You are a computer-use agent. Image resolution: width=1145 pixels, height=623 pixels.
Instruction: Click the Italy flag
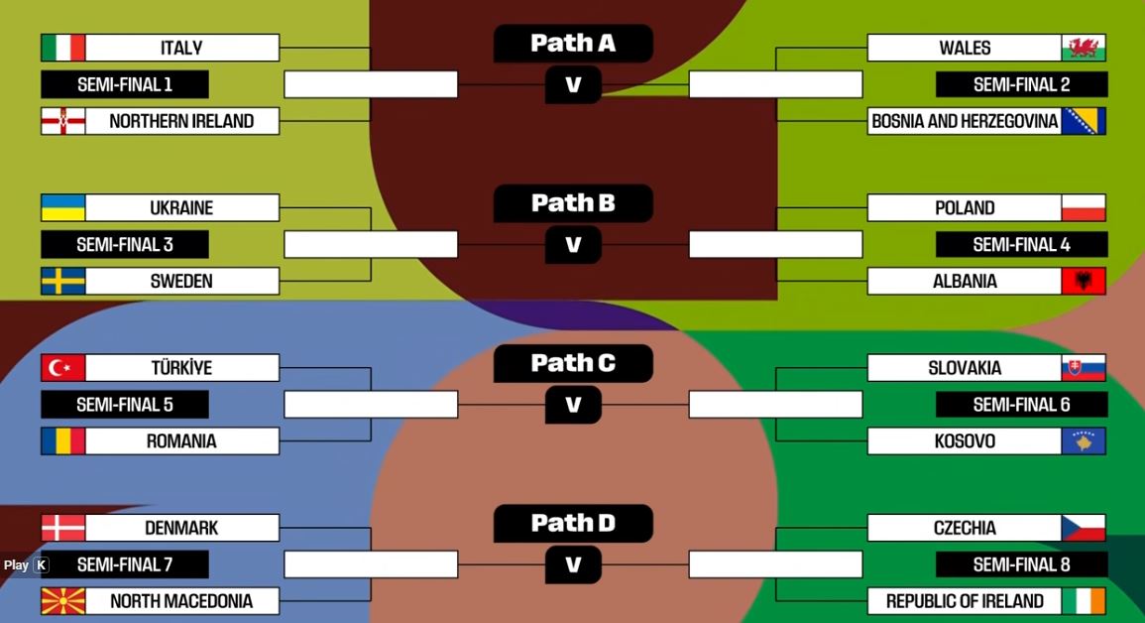click(x=63, y=48)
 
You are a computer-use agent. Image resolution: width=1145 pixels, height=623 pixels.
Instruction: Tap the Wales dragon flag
click(x=1084, y=48)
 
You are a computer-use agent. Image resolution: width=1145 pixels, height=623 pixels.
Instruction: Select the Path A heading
click(x=573, y=43)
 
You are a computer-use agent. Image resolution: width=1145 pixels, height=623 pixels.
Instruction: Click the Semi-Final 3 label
click(x=125, y=244)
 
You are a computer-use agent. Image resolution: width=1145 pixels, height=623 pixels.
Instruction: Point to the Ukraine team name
click(x=181, y=208)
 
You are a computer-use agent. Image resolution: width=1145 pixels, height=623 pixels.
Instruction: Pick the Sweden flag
click(x=63, y=281)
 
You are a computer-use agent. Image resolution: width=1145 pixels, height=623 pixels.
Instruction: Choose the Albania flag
click(x=1084, y=281)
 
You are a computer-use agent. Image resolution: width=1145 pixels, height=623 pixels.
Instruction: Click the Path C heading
click(x=573, y=363)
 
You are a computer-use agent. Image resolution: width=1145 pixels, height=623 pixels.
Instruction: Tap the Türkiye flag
click(x=63, y=368)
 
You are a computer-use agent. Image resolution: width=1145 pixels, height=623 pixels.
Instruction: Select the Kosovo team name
click(x=965, y=440)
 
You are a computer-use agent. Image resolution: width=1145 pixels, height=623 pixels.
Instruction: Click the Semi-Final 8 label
click(x=1021, y=564)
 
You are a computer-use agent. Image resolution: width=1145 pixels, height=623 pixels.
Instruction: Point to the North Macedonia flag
click(x=63, y=601)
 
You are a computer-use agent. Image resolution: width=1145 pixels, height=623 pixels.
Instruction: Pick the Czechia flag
click(x=1084, y=528)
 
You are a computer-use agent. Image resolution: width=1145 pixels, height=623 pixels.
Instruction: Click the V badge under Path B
click(x=573, y=244)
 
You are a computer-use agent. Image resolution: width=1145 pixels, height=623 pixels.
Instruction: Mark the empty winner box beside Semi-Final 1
click(x=371, y=84)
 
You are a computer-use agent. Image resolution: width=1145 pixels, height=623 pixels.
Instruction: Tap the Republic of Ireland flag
click(x=1084, y=601)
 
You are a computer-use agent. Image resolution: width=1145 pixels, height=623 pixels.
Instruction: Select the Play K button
click(x=26, y=565)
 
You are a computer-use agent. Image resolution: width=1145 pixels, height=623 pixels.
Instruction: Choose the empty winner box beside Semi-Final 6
click(x=775, y=405)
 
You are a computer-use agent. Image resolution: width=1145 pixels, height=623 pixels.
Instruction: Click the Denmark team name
click(x=181, y=528)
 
